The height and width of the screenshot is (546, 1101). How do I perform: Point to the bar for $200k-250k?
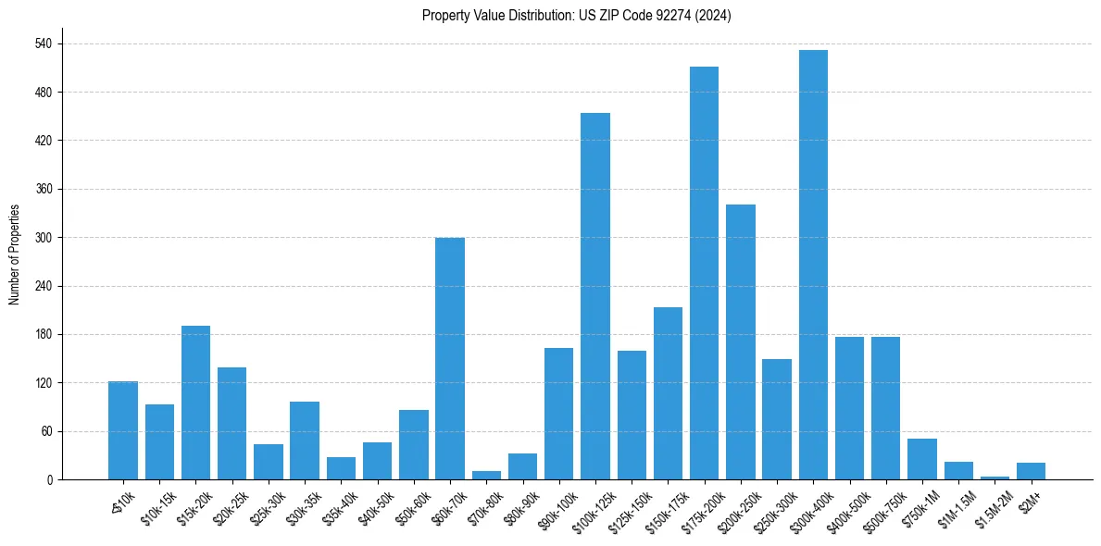point(741,342)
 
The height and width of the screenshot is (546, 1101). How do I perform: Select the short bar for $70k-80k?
point(486,476)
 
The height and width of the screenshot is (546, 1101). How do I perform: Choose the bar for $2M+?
point(1031,471)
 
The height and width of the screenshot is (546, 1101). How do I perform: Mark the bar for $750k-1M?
point(922,459)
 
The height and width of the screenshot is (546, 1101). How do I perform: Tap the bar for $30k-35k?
point(305,441)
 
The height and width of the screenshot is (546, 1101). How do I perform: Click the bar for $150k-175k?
point(668,393)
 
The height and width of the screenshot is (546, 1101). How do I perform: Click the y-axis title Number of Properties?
point(14,254)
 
